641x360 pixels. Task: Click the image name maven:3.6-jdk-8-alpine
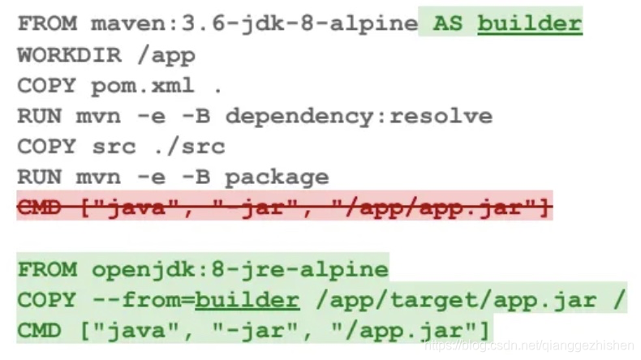tap(253, 24)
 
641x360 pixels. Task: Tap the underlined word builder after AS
tap(529, 24)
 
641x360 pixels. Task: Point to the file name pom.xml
tap(143, 85)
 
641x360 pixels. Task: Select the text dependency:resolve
tap(359, 116)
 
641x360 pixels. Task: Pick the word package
tap(277, 177)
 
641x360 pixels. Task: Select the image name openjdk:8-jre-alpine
tap(240, 269)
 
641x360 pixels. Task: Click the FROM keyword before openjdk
tap(47, 269)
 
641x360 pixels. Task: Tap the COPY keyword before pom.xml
tap(47, 85)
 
